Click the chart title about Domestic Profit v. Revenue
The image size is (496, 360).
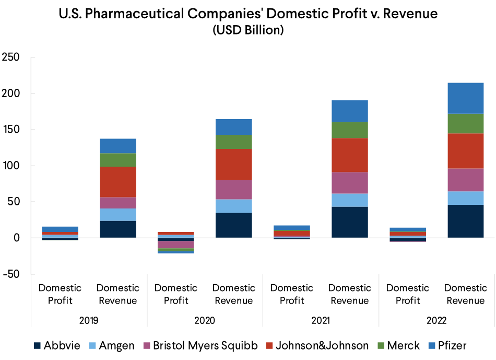pyautogui.click(x=248, y=14)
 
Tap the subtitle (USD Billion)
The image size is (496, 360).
pyautogui.click(x=248, y=30)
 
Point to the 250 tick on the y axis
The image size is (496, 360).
pyautogui.click(x=11, y=57)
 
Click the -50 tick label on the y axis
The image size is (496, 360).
pyautogui.click(x=11, y=274)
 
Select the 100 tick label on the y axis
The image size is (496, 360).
pyautogui.click(x=11, y=166)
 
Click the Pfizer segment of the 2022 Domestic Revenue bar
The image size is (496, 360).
pyautogui.click(x=465, y=98)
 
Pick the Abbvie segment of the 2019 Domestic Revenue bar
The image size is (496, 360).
pyautogui.click(x=118, y=229)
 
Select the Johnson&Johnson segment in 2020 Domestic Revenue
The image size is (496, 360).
pyautogui.click(x=234, y=165)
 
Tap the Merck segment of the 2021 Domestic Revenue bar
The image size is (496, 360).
pyautogui.click(x=349, y=130)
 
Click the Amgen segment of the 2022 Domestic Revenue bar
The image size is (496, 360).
pyautogui.click(x=465, y=198)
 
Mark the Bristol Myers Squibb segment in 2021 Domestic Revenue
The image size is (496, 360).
pyautogui.click(x=349, y=183)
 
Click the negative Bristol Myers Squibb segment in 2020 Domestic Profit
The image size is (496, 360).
pyautogui.click(x=176, y=245)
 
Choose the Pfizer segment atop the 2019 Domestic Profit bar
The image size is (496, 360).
pyautogui.click(x=60, y=229)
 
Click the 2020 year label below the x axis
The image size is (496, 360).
pyautogui.click(x=205, y=320)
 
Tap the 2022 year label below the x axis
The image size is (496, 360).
pyautogui.click(x=436, y=320)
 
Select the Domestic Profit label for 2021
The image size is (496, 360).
pyautogui.click(x=292, y=294)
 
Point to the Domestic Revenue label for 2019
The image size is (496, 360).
pyautogui.click(x=118, y=294)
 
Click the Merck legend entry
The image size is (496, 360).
pyautogui.click(x=399, y=345)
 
